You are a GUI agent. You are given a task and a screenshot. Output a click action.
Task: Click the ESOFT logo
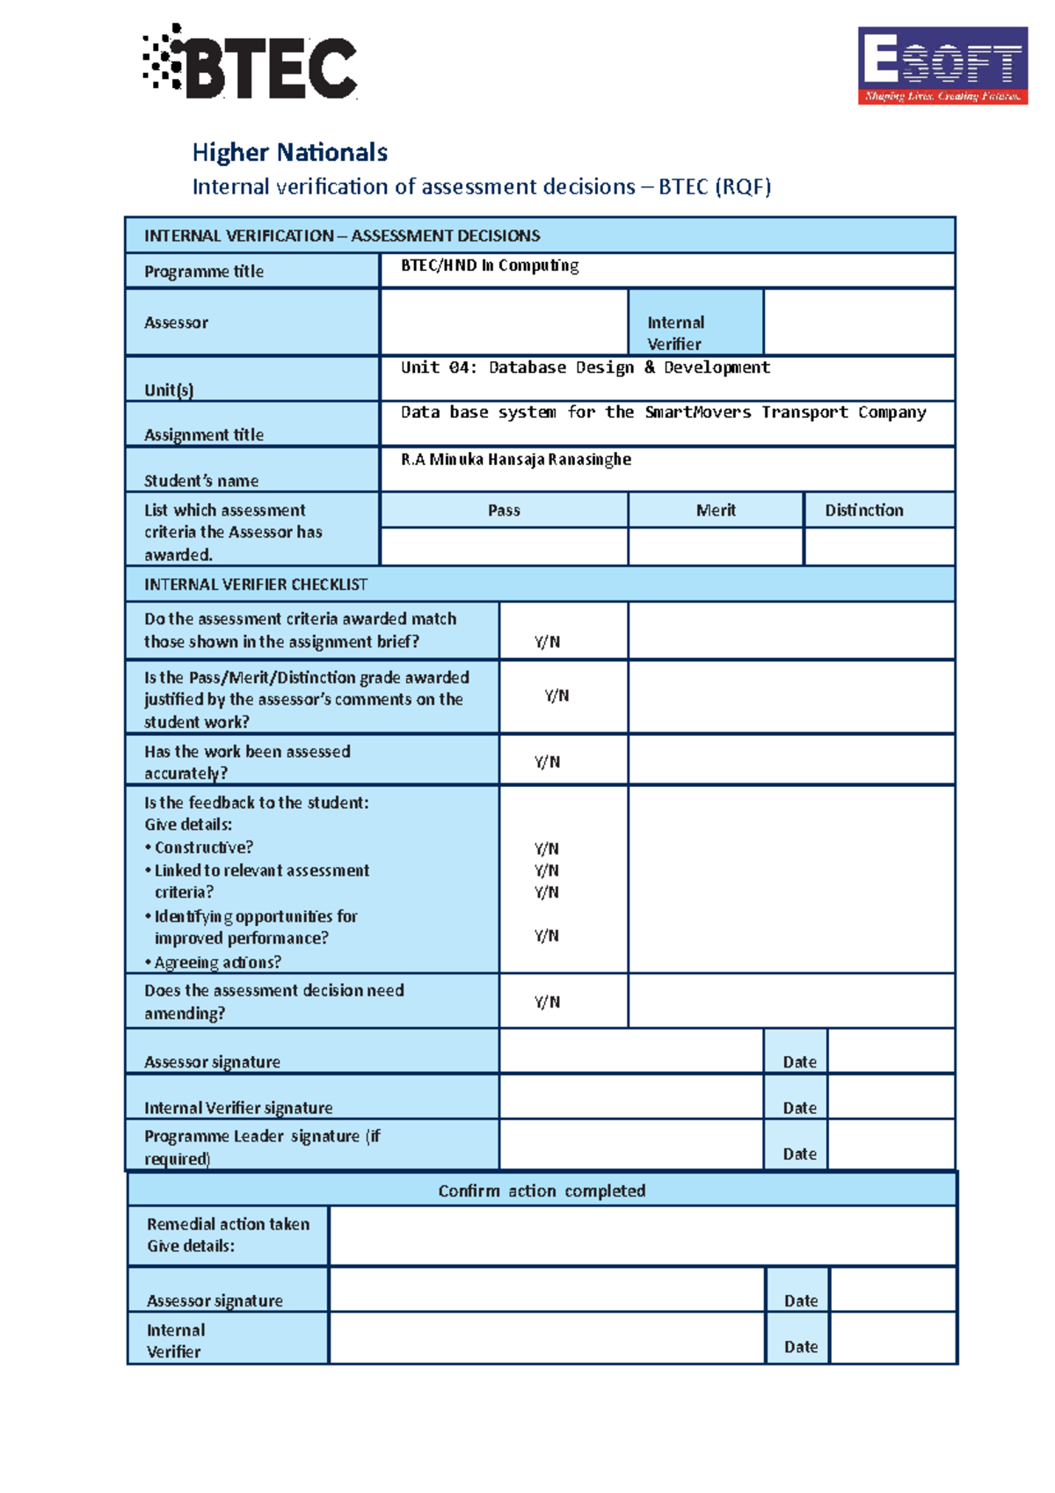click(x=942, y=66)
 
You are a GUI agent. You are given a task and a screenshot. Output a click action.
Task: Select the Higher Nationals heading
click(x=289, y=152)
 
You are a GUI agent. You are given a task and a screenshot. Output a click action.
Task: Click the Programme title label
click(x=203, y=272)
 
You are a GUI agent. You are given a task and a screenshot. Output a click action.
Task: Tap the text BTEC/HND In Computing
click(x=489, y=266)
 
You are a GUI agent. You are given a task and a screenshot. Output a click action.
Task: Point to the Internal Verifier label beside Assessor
click(x=675, y=332)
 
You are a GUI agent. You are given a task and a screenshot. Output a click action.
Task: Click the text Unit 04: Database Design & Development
click(x=585, y=368)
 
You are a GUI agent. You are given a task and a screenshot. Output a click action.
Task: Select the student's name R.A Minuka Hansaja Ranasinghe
click(x=515, y=459)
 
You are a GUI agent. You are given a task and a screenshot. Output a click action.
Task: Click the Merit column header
click(x=716, y=510)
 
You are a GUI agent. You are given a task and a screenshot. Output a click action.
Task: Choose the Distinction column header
click(x=863, y=510)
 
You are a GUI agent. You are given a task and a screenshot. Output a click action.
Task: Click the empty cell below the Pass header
click(x=504, y=546)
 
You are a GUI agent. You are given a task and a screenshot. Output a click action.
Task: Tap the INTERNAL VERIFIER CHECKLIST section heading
click(x=256, y=585)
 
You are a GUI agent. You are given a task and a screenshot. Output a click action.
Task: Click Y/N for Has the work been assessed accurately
click(x=547, y=762)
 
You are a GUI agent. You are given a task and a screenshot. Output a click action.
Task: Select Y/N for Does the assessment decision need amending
click(x=547, y=1002)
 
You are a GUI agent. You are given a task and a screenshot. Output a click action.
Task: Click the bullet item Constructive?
click(x=203, y=848)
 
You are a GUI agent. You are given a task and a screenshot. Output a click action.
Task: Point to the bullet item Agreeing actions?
click(x=217, y=962)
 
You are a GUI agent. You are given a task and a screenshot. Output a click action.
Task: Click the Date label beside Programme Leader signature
click(x=799, y=1154)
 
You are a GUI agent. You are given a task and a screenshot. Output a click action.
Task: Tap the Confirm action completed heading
click(x=542, y=1191)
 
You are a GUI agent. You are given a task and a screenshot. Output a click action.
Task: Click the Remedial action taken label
click(x=228, y=1224)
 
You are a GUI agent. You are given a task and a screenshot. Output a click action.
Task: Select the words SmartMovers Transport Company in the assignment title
click(x=785, y=412)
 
